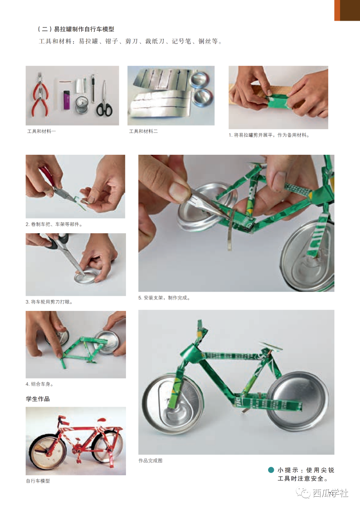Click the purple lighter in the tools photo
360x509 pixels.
click(x=66, y=100)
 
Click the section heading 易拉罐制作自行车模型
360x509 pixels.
click(x=84, y=29)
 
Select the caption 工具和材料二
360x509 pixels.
click(x=143, y=131)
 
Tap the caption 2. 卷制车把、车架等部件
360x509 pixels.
click(x=54, y=224)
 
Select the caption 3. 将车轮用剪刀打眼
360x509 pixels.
click(x=49, y=302)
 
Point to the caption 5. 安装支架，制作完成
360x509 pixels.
click(x=164, y=298)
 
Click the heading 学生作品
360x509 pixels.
click(x=38, y=399)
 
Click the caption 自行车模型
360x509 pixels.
click(x=38, y=481)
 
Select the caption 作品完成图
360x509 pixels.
click(x=150, y=461)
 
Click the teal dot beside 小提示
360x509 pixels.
click(x=271, y=470)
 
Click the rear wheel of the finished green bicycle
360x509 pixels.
click(x=298, y=402)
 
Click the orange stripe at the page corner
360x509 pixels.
click(x=337, y=10)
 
